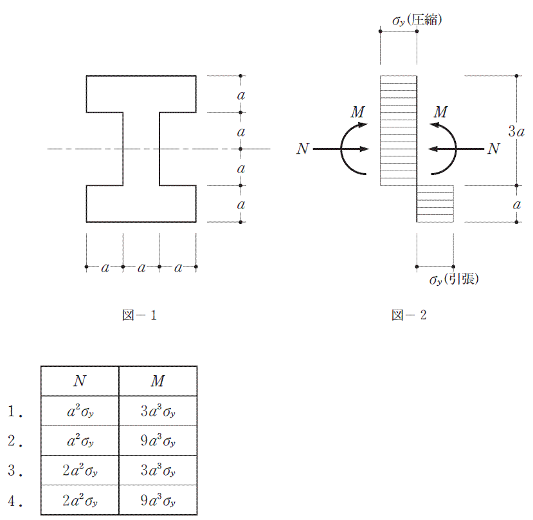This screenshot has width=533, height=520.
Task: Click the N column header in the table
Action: tap(80, 381)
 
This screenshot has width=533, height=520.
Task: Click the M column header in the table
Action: tap(158, 381)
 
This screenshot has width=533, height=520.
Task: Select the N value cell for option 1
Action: tap(80, 411)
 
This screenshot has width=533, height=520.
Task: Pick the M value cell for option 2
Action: tap(158, 441)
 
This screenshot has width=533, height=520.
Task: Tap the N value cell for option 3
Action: tap(80, 470)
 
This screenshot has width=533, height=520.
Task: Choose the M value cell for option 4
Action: tap(158, 500)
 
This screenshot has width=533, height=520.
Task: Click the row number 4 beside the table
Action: tap(15, 501)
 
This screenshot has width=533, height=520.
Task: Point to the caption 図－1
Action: tap(140, 315)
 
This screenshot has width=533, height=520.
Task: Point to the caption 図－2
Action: tap(409, 315)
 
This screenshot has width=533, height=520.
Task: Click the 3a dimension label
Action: tap(516, 131)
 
